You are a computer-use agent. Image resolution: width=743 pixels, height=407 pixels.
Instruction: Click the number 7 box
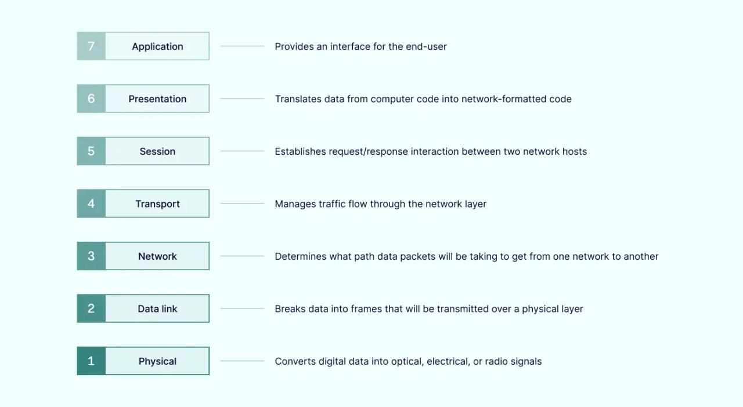91,46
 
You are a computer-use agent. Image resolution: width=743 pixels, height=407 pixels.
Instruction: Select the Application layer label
157,46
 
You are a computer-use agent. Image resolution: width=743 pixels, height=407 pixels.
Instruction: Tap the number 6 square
91,99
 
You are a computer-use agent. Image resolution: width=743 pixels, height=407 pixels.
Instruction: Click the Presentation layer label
157,99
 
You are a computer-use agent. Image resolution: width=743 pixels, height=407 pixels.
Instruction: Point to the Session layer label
157,151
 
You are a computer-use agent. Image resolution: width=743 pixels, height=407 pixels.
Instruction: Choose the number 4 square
91,203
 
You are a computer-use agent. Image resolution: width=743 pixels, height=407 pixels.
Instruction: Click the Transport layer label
157,203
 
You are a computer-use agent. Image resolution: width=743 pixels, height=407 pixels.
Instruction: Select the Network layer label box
157,256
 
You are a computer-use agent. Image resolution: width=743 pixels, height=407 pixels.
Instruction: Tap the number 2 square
91,308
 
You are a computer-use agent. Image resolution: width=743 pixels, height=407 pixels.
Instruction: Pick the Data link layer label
157,308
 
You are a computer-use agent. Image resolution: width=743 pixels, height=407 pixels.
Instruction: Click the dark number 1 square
91,361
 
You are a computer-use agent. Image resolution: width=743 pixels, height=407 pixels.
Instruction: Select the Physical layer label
157,361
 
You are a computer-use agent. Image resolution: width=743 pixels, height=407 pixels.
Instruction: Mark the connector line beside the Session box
242,151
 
